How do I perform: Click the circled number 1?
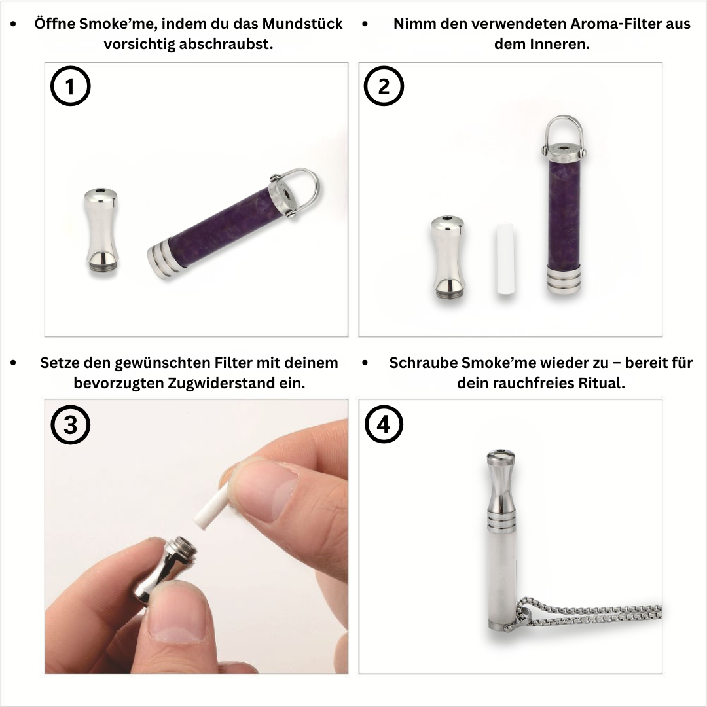point(70,87)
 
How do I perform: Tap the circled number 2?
point(384,87)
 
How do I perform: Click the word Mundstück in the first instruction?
point(302,24)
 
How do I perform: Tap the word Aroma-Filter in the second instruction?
point(607,24)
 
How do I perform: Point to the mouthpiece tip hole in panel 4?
point(501,453)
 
